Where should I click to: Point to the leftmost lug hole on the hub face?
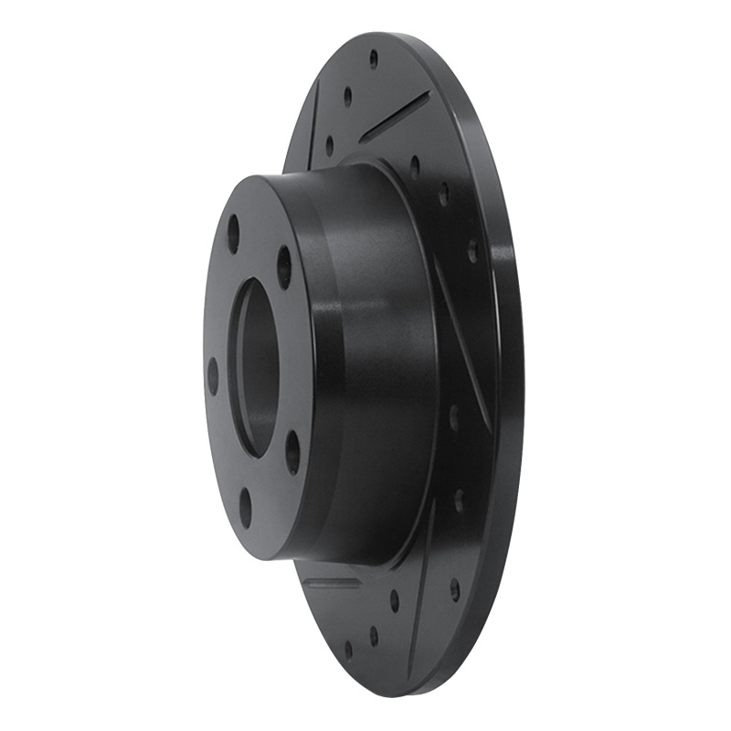point(213,376)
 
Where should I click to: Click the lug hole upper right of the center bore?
point(284,266)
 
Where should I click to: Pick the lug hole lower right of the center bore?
point(292,450)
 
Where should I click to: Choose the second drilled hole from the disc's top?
point(347,96)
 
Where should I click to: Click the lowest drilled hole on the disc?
point(348,650)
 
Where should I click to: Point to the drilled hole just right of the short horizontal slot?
point(395,600)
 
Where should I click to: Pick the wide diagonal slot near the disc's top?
point(394,116)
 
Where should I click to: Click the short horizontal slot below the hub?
point(331,582)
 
